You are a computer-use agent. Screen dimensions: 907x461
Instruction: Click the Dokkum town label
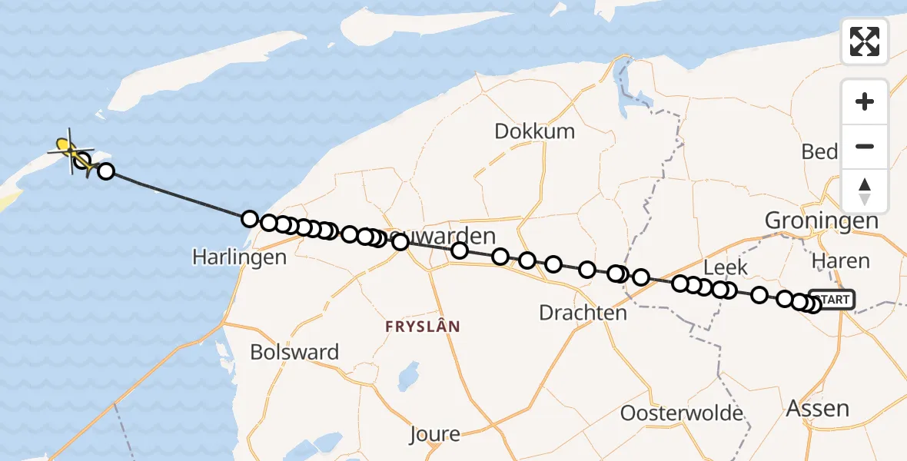[534, 131]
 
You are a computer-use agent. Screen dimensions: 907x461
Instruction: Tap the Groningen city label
[821, 221]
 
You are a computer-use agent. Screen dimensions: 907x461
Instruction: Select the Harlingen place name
[239, 257]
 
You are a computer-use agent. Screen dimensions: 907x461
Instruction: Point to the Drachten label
[583, 313]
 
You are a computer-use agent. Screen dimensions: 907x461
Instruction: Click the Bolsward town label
[294, 353]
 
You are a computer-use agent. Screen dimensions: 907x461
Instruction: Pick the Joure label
[434, 434]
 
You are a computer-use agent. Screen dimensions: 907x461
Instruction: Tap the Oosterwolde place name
[682, 413]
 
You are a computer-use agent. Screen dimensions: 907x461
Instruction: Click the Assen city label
[818, 408]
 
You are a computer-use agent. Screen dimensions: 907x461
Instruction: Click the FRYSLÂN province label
[423, 327]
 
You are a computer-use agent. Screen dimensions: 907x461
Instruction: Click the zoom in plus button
[865, 101]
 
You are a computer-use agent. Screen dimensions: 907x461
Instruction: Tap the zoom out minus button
[865, 147]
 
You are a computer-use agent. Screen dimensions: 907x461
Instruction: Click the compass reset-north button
[865, 191]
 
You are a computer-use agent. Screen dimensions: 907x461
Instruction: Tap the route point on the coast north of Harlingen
[249, 219]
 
